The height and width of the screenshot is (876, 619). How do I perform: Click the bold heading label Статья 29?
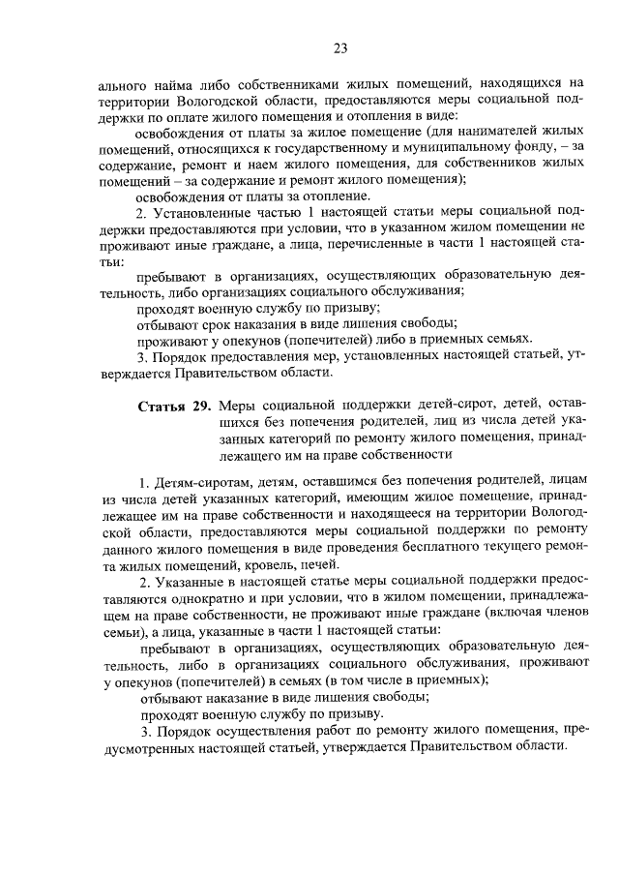173,404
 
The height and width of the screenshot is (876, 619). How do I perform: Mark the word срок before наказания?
219,322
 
